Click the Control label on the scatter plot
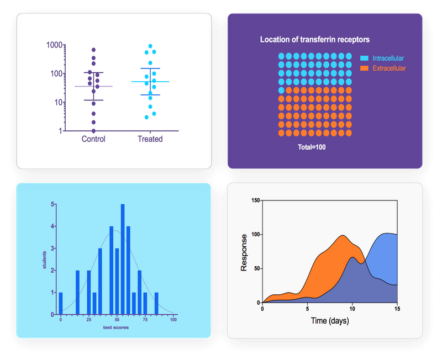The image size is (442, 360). (x=93, y=139)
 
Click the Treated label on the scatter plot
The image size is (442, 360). (x=150, y=139)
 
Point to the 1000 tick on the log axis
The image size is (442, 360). (x=53, y=45)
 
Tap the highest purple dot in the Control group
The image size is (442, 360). (x=93, y=50)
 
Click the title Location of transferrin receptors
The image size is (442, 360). (x=315, y=40)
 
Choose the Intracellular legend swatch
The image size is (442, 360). (x=364, y=58)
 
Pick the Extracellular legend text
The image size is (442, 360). (x=389, y=68)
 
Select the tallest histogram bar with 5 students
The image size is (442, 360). (x=123, y=260)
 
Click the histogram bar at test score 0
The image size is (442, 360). (x=61, y=303)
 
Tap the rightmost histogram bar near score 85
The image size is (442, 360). (x=156, y=303)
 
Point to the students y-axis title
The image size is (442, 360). (x=45, y=260)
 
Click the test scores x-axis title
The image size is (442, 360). (x=117, y=328)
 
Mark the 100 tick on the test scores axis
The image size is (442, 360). (x=173, y=320)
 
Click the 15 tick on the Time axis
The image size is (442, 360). (x=397, y=309)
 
